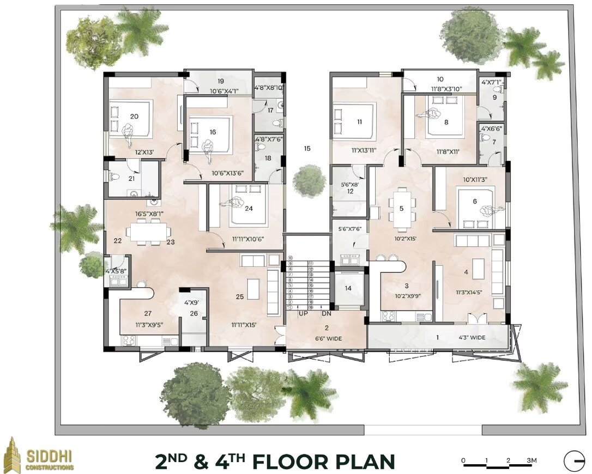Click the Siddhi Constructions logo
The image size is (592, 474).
[38, 455]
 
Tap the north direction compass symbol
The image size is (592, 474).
[574, 461]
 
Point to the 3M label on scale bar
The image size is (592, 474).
[531, 461]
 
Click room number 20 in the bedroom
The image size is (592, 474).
[134, 116]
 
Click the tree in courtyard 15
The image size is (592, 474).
[309, 180]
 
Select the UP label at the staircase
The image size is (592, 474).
[304, 313]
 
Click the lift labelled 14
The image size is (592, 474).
[348, 289]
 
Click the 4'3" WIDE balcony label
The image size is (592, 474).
[472, 338]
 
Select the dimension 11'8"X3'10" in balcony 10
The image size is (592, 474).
[440, 88]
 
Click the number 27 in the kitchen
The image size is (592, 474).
[147, 313]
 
